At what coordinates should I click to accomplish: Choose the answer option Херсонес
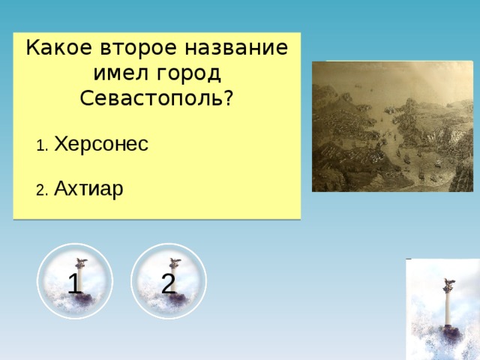pyautogui.click(x=101, y=144)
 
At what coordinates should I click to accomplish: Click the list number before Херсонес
pyautogui.click(x=42, y=146)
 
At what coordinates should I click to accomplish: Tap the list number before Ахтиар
pyautogui.click(x=42, y=190)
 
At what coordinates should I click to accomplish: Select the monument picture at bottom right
pyautogui.click(x=442, y=309)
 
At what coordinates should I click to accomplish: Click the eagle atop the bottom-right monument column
pyautogui.click(x=449, y=283)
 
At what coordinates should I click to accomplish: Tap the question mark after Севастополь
pyautogui.click(x=226, y=98)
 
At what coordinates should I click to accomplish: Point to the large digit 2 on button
pyautogui.click(x=168, y=283)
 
